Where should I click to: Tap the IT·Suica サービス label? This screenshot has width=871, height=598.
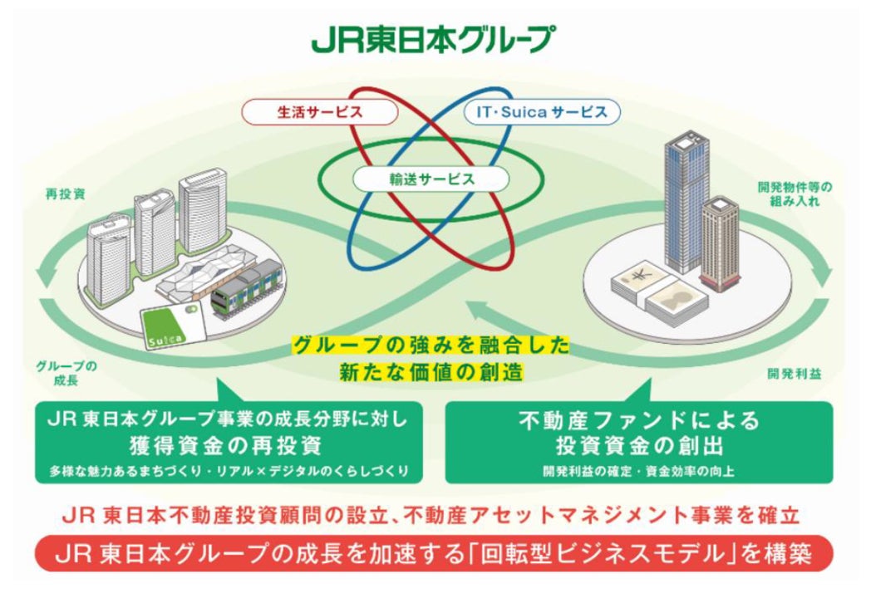(541, 110)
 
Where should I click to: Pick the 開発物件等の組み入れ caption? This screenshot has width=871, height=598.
(794, 194)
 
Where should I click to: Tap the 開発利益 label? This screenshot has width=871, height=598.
(794, 374)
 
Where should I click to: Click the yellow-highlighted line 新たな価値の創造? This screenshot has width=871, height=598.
(431, 371)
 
